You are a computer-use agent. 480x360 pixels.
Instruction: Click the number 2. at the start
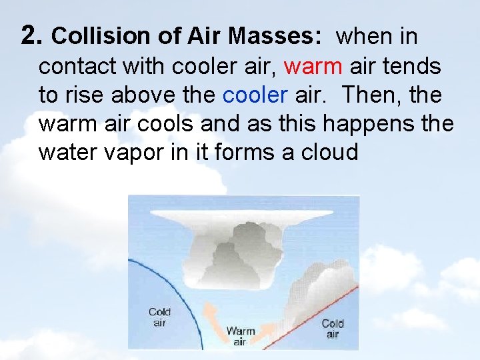[33, 35]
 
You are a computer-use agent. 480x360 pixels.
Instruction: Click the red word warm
[313, 66]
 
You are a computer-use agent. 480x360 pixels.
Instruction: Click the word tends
[416, 66]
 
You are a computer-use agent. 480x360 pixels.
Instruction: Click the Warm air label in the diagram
[241, 335]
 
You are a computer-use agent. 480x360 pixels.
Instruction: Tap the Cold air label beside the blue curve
[159, 317]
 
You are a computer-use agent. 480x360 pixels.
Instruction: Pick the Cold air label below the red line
[332, 329]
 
